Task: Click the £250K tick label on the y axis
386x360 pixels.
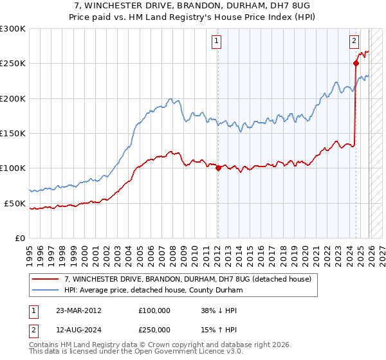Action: [12, 64]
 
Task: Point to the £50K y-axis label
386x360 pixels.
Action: [14, 203]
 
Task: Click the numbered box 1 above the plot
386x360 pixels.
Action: [217, 42]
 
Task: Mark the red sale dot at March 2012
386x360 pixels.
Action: [217, 168]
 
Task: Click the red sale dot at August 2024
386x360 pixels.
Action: [355, 63]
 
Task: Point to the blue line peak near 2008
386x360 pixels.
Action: [170, 99]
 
